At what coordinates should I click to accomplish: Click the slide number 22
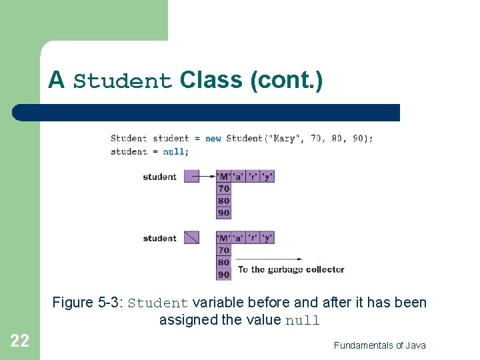(x=19, y=341)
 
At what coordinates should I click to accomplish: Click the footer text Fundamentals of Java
(x=379, y=345)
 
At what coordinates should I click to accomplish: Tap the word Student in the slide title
(x=123, y=82)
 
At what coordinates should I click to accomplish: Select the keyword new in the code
(x=213, y=139)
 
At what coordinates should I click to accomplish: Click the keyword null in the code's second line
(x=174, y=151)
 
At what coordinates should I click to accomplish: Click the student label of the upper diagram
(x=159, y=177)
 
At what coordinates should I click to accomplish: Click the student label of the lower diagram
(x=159, y=238)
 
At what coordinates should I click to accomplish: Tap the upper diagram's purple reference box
(x=191, y=177)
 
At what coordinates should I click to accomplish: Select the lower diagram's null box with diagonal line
(x=191, y=237)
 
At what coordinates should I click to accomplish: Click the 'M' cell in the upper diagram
(x=223, y=177)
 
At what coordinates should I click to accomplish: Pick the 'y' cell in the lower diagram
(x=267, y=237)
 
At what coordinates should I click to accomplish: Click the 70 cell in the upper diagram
(x=223, y=189)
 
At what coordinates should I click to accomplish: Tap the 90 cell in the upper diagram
(x=223, y=213)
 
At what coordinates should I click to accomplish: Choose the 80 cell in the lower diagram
(x=223, y=262)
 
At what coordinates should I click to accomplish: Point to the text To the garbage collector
(x=291, y=270)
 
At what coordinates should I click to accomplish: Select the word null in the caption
(x=303, y=321)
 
